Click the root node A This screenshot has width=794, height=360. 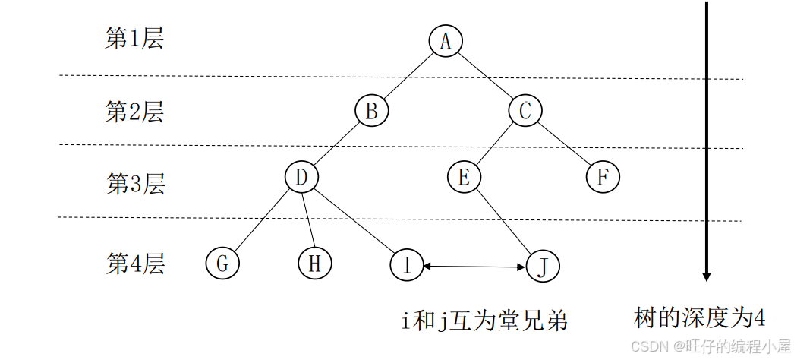coord(446,41)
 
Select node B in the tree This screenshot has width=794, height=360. coord(371,111)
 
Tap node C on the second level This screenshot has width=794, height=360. coord(525,111)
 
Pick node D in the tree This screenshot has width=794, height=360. coord(301,178)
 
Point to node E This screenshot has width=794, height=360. coord(464,178)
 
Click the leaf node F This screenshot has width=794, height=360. coord(603,178)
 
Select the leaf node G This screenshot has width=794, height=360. coord(222,264)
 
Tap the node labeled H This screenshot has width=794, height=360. coord(314,264)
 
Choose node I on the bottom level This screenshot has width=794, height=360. coord(407,265)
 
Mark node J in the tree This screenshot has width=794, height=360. coord(543,267)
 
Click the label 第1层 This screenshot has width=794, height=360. coord(134,39)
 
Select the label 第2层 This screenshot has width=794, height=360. coord(134,112)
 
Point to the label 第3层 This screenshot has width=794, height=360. coord(134,183)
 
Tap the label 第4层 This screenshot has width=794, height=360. coord(134,264)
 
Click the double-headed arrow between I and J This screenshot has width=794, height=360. coord(474,266)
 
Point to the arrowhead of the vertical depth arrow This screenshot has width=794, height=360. coord(706,275)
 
